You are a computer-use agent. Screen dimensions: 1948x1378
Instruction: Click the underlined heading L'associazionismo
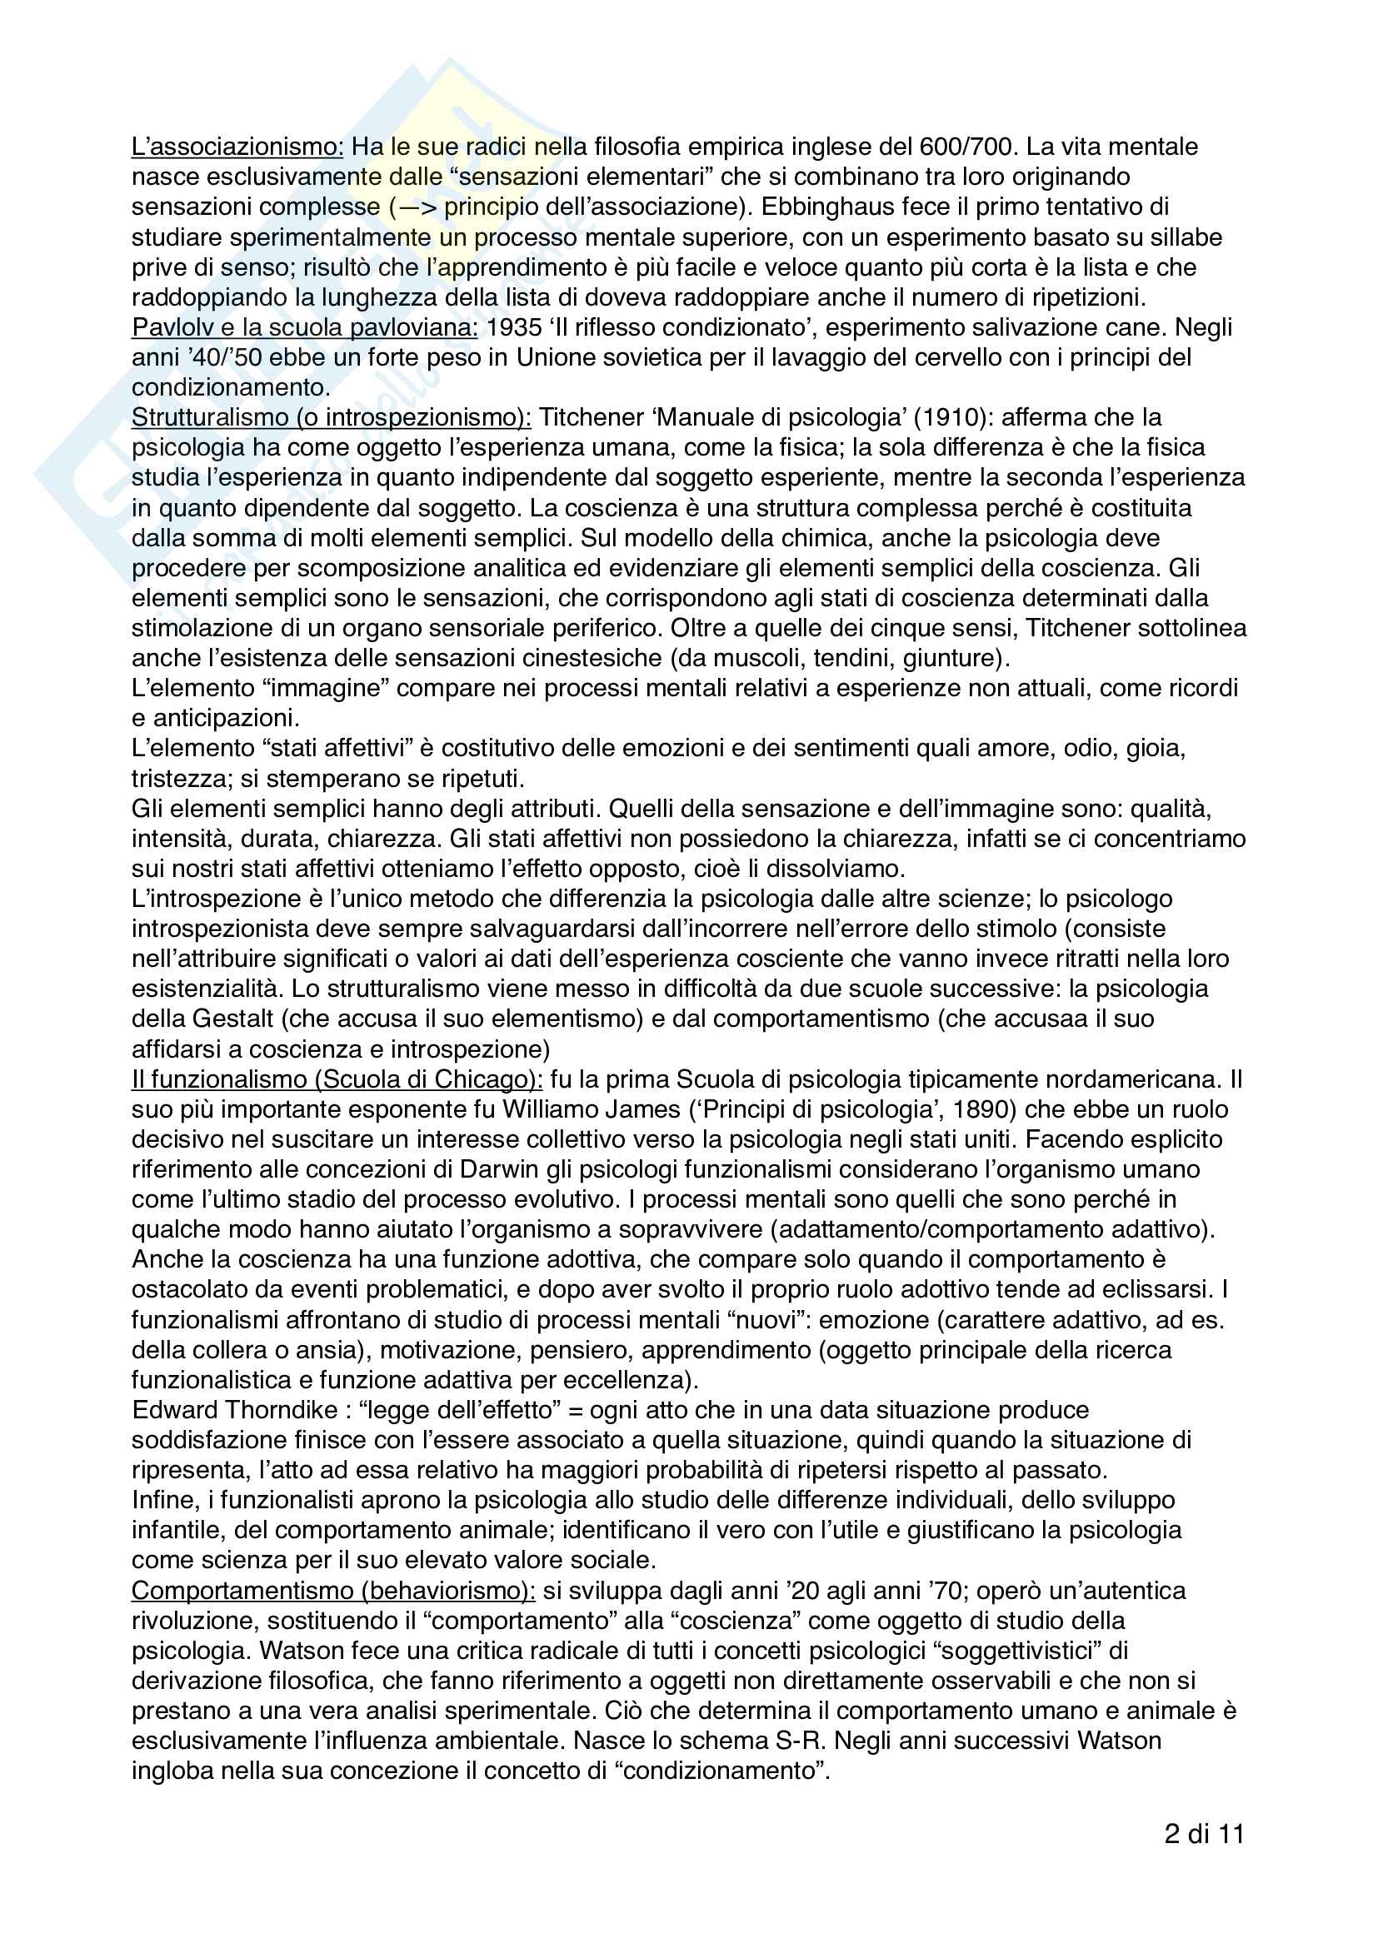pos(237,147)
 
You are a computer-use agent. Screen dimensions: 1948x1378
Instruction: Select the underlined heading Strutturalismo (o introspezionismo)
pos(331,417)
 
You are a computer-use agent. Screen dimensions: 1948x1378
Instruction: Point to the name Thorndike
pos(282,1410)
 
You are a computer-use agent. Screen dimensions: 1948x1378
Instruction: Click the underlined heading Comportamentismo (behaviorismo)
pos(332,1591)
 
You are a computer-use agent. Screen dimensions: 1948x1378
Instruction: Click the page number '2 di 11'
pos(1203,1836)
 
